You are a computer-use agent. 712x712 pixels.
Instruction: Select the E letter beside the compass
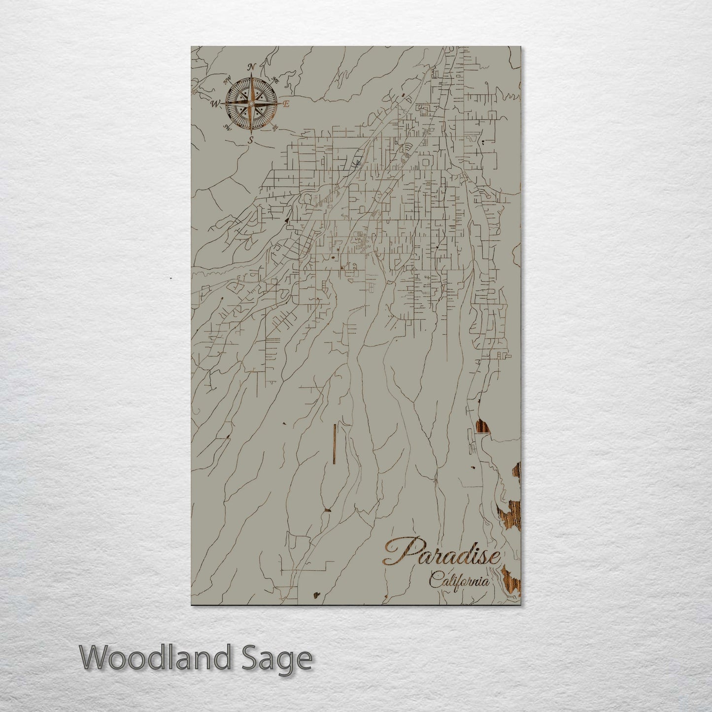coord(286,104)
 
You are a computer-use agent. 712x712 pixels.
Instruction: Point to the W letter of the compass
coord(215,104)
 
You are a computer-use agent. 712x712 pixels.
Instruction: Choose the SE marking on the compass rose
coord(275,128)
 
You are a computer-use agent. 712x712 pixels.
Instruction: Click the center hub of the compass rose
coord(251,104)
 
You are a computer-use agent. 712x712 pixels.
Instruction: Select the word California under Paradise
coord(459,580)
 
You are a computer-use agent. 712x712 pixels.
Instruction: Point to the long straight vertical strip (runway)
coord(334,443)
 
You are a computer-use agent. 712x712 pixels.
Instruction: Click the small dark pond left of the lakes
coord(475,467)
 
